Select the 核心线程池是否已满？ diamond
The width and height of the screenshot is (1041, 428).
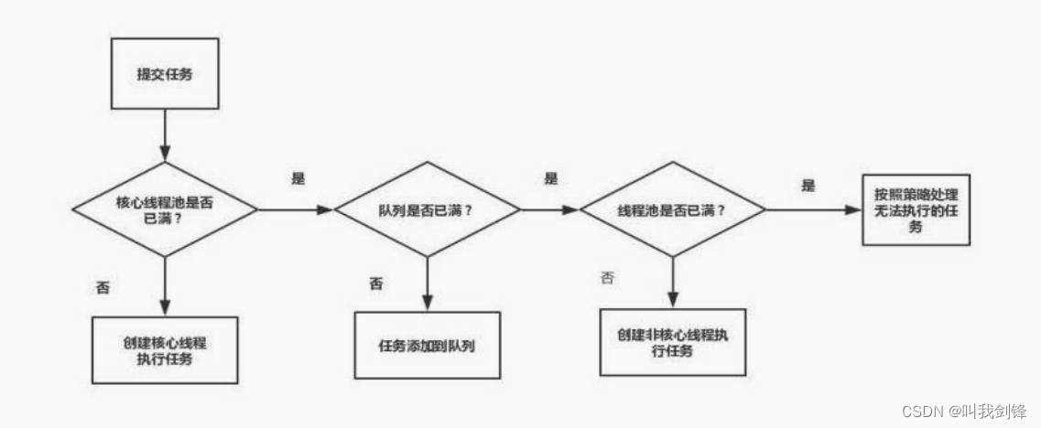click(x=165, y=209)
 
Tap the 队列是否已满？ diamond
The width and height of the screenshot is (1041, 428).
click(x=428, y=209)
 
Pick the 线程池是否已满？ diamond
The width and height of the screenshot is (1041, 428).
click(x=672, y=209)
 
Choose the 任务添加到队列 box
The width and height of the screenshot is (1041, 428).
click(x=428, y=345)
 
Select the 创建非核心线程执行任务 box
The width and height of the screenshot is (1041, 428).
click(x=673, y=341)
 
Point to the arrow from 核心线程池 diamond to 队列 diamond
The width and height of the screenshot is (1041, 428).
click(x=295, y=209)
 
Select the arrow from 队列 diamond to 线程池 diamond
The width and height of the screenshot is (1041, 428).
click(x=549, y=209)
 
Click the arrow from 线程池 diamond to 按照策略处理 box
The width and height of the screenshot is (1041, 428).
click(x=813, y=209)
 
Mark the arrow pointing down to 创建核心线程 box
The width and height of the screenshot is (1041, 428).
click(x=165, y=285)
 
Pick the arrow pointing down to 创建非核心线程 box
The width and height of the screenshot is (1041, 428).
click(x=673, y=281)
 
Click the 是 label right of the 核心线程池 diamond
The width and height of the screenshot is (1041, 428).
click(x=298, y=178)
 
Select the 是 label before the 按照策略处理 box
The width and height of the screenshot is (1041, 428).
click(x=808, y=185)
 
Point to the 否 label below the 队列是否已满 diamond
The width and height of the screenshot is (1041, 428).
click(x=376, y=284)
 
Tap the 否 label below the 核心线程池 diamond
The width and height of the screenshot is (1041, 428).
click(x=103, y=286)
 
